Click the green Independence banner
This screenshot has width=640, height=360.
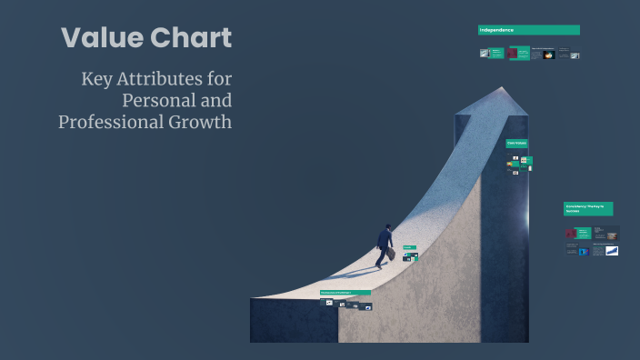coord(528,30)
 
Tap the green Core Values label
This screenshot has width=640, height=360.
coord(516,144)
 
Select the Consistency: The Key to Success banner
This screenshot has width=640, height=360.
coord(587,208)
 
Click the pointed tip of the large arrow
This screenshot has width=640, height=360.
coord(500,89)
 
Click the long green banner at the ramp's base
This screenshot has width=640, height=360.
coord(345,293)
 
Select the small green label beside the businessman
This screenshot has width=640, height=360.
coord(409,247)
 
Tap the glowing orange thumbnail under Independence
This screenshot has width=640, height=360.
coord(549,55)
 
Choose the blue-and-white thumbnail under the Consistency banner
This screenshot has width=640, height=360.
coord(612,250)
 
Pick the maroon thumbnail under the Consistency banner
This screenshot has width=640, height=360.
coord(570,233)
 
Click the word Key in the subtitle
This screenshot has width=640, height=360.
coord(97,79)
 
